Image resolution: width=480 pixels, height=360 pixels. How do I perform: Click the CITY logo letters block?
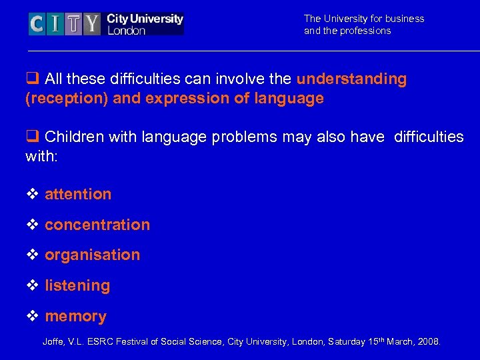[x=65, y=24]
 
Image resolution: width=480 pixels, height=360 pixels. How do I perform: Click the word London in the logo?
[x=126, y=31]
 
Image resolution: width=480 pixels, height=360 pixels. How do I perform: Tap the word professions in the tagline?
[x=366, y=31]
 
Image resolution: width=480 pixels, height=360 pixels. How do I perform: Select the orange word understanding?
[x=351, y=79]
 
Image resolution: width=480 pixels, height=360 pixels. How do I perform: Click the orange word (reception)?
[x=67, y=99]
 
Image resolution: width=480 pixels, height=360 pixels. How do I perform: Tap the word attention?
[x=78, y=194]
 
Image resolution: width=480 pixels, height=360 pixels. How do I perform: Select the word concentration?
[x=97, y=225]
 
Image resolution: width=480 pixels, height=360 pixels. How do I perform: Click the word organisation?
[x=92, y=255]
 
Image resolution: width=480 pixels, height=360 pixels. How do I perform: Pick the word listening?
[x=77, y=285]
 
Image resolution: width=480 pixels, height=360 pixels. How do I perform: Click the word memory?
[x=75, y=316]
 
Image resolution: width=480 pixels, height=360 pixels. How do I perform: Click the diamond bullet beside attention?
[x=32, y=195]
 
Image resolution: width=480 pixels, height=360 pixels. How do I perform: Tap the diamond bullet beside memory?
[x=32, y=317]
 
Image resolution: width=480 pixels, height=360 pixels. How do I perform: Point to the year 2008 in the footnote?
[x=427, y=342]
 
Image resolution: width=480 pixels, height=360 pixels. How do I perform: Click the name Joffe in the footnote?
[x=54, y=342]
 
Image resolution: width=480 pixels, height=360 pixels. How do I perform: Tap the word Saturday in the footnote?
[x=345, y=342]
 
